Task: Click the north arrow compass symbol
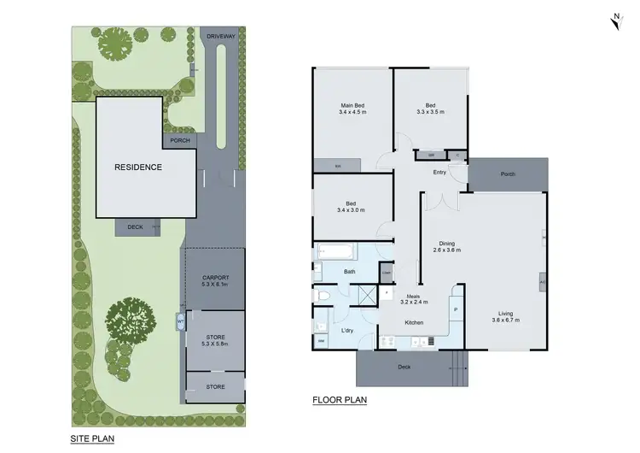(x=614, y=23)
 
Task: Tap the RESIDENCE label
(x=137, y=168)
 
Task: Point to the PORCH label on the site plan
(x=179, y=141)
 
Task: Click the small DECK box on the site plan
(x=135, y=227)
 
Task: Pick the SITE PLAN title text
(x=92, y=438)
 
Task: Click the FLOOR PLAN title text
(x=339, y=399)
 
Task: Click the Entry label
(x=439, y=173)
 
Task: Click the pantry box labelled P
(x=456, y=310)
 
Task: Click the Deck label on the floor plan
(x=404, y=368)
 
